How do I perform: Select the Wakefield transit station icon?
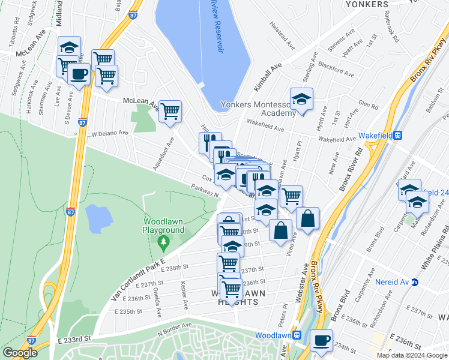click(x=397, y=136)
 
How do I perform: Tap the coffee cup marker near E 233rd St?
click(x=321, y=340)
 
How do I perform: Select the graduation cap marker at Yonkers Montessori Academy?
click(x=301, y=98)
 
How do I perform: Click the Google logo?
click(x=20, y=353)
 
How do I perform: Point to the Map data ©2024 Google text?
click(x=412, y=355)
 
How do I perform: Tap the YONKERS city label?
click(x=367, y=4)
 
